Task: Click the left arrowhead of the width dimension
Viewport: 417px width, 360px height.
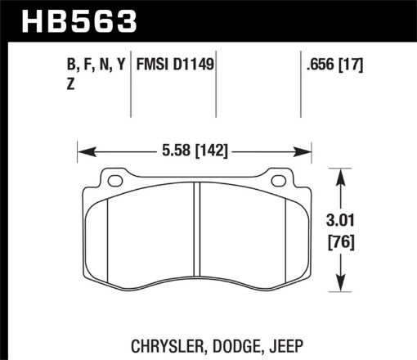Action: point(83,151)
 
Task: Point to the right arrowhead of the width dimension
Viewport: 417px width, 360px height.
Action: point(309,151)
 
